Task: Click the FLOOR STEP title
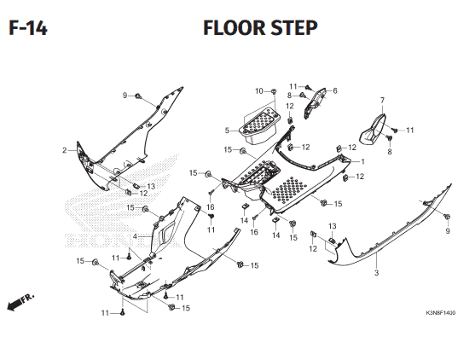coord(260,27)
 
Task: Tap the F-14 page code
coord(28,28)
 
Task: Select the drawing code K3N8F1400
coord(441,313)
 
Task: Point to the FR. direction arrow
coord(20,302)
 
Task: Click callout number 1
coord(362,162)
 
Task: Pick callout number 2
coord(64,150)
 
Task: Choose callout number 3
coord(377,273)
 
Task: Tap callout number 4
coord(135,236)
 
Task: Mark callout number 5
coord(227,131)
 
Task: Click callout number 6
coord(335,91)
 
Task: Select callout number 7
coord(382,101)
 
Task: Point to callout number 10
coord(259,91)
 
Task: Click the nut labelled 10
coord(274,91)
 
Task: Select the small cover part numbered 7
coord(373,130)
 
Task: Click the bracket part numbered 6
coord(315,103)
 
